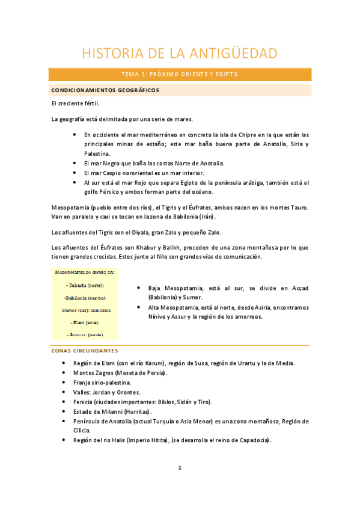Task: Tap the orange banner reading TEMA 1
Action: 180,75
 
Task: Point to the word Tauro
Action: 297,207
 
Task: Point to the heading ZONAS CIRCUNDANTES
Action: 84,351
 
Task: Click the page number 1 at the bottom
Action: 180,469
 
